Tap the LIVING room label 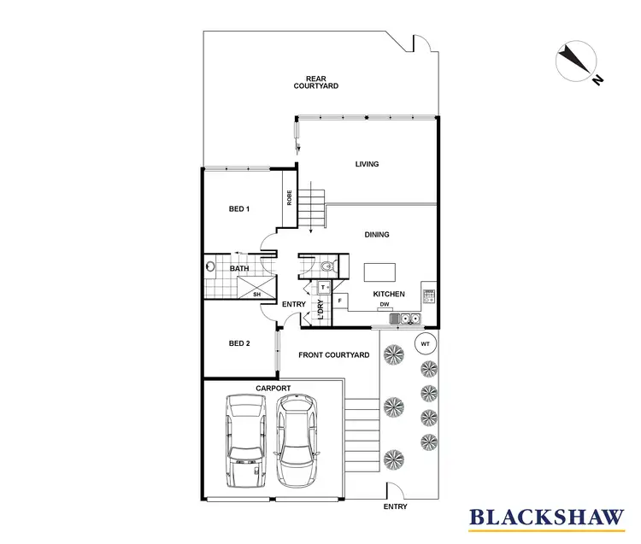[x=367, y=164]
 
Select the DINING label [x=377, y=235]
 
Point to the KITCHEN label [x=389, y=295]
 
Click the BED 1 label [x=239, y=208]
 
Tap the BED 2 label [x=239, y=343]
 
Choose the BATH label [x=239, y=269]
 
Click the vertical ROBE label [x=290, y=198]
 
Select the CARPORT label [x=273, y=388]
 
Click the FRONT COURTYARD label [x=333, y=354]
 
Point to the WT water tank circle [x=426, y=343]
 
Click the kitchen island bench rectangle [x=379, y=272]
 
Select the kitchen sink [x=405, y=319]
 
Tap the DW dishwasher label [x=385, y=305]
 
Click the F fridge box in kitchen [x=340, y=301]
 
